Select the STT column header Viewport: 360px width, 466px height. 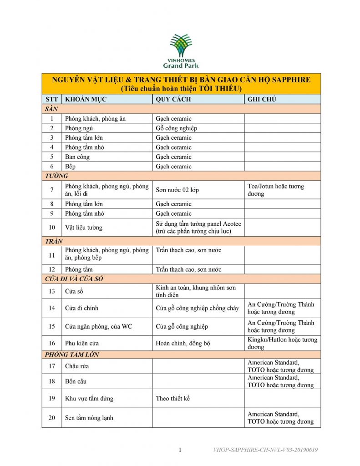(51, 99)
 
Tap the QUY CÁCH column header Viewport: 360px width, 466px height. (173, 99)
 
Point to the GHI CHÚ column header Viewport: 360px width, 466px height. (262, 99)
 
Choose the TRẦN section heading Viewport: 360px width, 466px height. (54, 241)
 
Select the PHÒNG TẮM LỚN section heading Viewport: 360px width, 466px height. (72, 355)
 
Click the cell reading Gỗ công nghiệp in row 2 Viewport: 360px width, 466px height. (176, 128)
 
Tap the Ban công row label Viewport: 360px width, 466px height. (77, 157)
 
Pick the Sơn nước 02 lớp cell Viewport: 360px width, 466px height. (177, 190)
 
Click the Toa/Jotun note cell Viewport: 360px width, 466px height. (276, 190)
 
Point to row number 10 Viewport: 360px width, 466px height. (52, 227)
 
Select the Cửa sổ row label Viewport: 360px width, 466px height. (75, 291)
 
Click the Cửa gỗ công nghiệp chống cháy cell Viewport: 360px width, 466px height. (197, 308)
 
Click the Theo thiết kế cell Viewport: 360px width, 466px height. (172, 399)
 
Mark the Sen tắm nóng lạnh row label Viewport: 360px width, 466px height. (89, 418)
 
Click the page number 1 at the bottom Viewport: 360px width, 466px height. (180, 450)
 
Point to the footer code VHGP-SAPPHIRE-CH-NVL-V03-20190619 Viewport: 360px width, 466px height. (265, 450)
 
